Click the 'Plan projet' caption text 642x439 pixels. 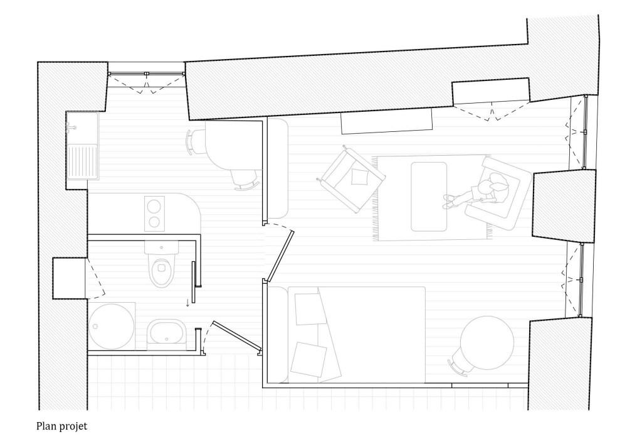click(62, 426)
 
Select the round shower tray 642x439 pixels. click(112, 326)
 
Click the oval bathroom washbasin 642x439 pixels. click(166, 332)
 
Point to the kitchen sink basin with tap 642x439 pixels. click(82, 128)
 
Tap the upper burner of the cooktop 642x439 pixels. click(154, 207)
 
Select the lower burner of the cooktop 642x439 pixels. click(154, 222)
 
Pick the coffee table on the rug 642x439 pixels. click(429, 197)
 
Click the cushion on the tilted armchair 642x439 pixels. click(359, 177)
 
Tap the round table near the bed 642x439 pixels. click(487, 342)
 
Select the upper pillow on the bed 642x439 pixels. click(308, 309)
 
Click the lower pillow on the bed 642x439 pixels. click(308, 359)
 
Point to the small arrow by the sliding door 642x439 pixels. click(187, 303)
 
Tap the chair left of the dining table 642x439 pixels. click(192, 141)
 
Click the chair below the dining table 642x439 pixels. click(244, 180)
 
